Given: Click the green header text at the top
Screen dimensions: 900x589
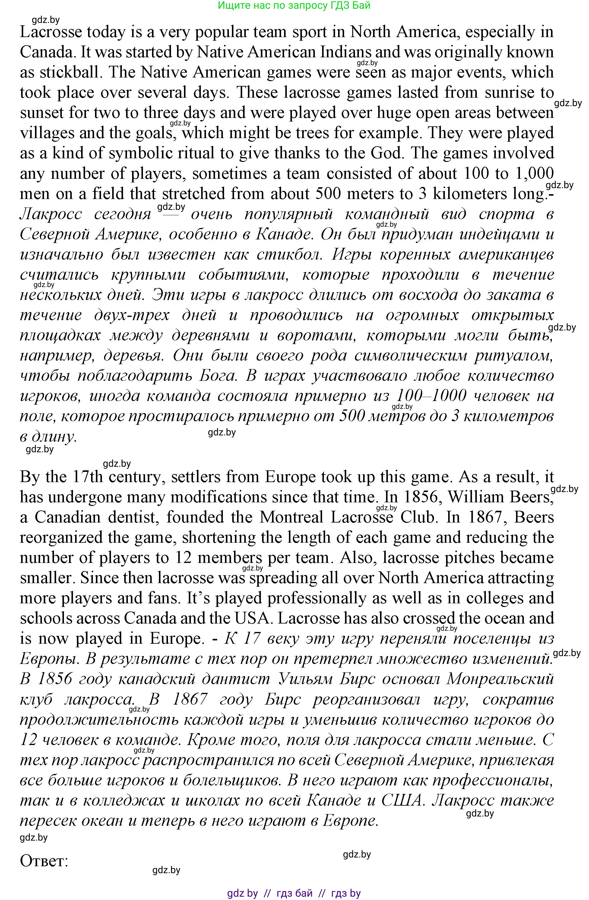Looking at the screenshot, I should (294, 5).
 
